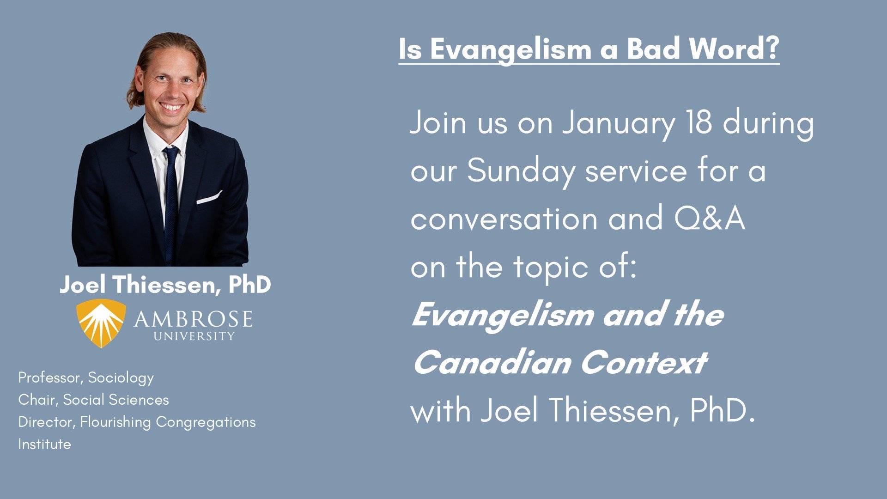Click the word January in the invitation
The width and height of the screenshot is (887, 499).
click(x=619, y=124)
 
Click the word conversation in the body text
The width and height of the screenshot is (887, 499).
click(x=504, y=219)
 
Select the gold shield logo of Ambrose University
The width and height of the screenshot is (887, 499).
click(x=101, y=323)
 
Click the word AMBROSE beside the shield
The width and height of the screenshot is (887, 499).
click(x=193, y=319)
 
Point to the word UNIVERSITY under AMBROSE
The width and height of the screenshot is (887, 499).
click(x=194, y=336)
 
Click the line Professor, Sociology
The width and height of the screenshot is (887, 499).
click(x=86, y=378)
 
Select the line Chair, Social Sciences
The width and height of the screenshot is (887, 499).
click(x=93, y=400)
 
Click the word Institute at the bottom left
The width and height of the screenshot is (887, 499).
click(x=44, y=444)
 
